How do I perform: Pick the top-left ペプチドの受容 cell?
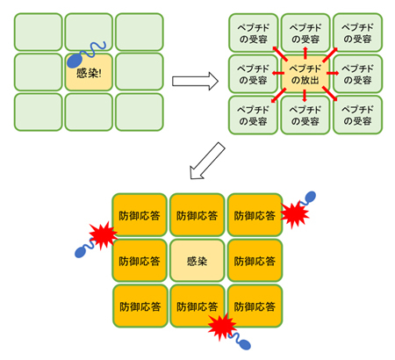(x=252, y=32)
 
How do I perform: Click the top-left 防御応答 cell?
(x=140, y=215)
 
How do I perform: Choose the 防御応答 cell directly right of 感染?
(x=254, y=261)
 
